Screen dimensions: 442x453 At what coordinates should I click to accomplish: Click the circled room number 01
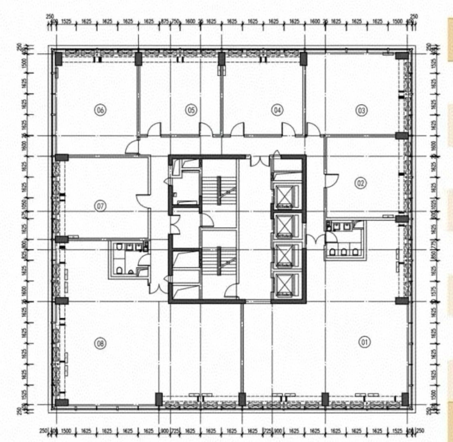pos(364,342)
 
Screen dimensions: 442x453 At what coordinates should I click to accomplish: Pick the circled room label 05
pos(191,110)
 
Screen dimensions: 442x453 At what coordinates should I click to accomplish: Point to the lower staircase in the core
pos(219,260)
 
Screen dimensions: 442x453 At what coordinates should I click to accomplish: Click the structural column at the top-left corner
pos(58,59)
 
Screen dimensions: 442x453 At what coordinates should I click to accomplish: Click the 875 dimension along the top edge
pos(165,21)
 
